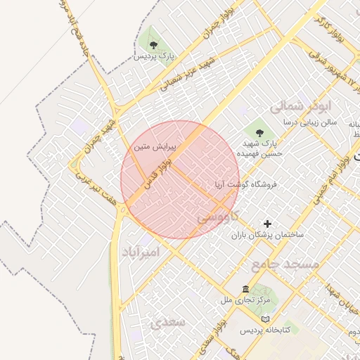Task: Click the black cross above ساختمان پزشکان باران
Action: click(267, 223)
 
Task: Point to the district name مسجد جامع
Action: click(284, 263)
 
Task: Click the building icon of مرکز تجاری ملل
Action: click(245, 290)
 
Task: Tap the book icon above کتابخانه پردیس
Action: click(264, 319)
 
